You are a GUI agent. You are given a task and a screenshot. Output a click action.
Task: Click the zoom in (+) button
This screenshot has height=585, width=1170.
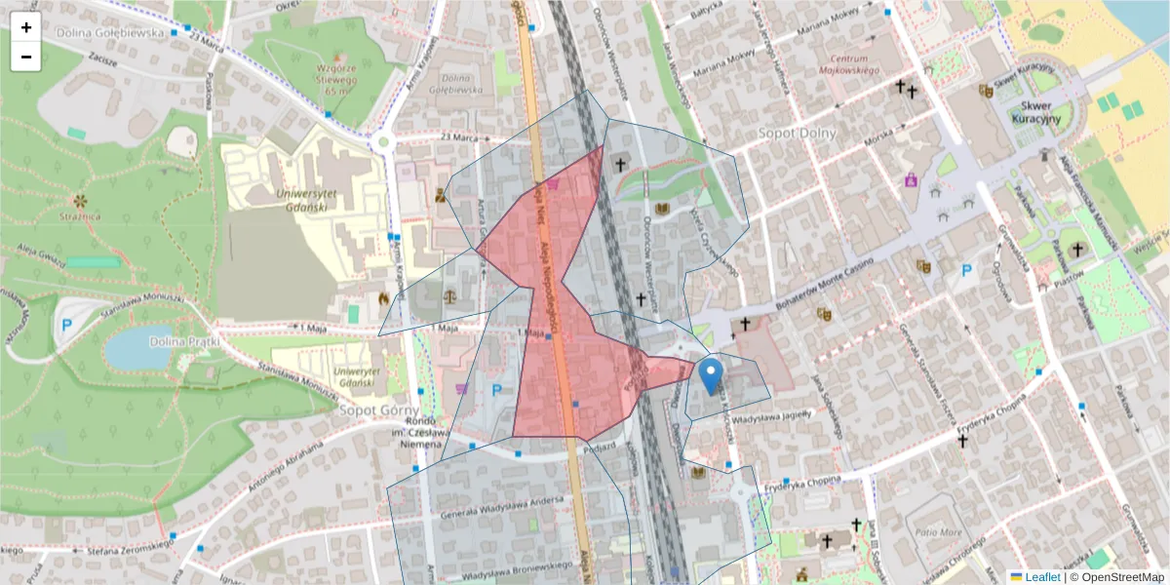click(x=26, y=27)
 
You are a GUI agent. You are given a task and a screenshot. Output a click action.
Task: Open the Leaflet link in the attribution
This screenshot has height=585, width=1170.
click(x=1042, y=577)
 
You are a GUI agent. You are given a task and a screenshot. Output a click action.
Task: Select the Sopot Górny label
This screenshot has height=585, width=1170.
click(x=378, y=410)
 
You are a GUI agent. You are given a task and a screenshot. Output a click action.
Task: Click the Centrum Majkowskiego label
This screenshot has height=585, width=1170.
click(x=848, y=64)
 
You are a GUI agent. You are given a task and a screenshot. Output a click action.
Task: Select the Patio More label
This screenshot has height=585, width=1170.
click(x=938, y=533)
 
